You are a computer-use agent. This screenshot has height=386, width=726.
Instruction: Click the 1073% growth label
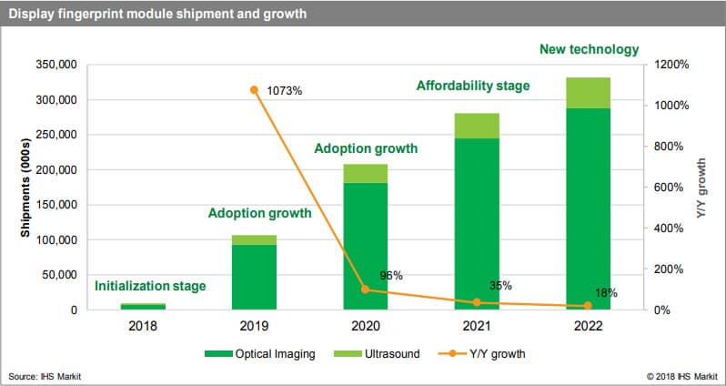pos(285,91)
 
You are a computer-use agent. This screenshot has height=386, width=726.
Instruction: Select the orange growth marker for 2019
pos(255,90)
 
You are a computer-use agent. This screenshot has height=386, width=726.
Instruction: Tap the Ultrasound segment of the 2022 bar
pos(588,93)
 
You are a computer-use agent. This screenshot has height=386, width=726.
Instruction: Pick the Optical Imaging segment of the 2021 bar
pos(477,224)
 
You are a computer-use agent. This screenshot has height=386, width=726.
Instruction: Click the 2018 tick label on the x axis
pos(144,326)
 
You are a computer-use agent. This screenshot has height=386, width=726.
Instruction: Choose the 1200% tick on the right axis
pos(671,66)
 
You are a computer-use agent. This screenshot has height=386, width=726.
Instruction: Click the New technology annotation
pos(589,50)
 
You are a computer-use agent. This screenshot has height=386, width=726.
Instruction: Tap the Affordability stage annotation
pos(473,86)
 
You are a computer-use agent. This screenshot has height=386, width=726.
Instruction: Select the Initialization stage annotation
pos(150,286)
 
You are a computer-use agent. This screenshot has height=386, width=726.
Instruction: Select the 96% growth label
pos(391,275)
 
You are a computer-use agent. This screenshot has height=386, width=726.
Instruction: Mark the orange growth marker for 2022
pos(588,306)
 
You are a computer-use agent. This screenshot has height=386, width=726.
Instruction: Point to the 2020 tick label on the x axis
pos(366,326)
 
